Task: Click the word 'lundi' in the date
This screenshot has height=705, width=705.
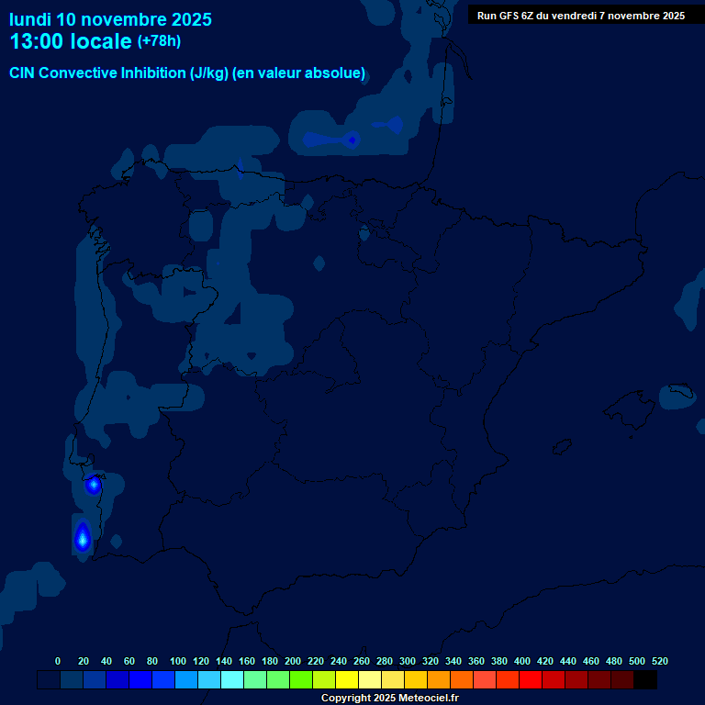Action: (30, 19)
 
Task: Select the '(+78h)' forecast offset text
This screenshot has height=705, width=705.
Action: (159, 41)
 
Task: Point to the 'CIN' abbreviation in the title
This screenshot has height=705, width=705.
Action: (22, 73)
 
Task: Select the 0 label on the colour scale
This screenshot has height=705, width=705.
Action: (58, 661)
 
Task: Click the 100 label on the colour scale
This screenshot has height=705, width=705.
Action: (178, 661)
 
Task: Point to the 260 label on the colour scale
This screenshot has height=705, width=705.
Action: (362, 661)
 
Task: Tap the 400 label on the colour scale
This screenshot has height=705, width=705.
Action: (522, 661)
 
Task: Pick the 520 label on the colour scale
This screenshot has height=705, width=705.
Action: (660, 661)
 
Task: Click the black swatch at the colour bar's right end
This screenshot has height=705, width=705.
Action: (645, 680)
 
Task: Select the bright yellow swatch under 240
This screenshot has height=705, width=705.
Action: (347, 680)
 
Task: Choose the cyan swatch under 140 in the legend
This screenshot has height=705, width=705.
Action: (232, 680)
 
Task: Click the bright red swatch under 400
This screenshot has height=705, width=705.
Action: (531, 680)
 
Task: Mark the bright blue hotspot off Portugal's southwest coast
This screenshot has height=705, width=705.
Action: (82, 539)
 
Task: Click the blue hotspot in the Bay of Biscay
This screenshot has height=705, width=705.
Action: (352, 140)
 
